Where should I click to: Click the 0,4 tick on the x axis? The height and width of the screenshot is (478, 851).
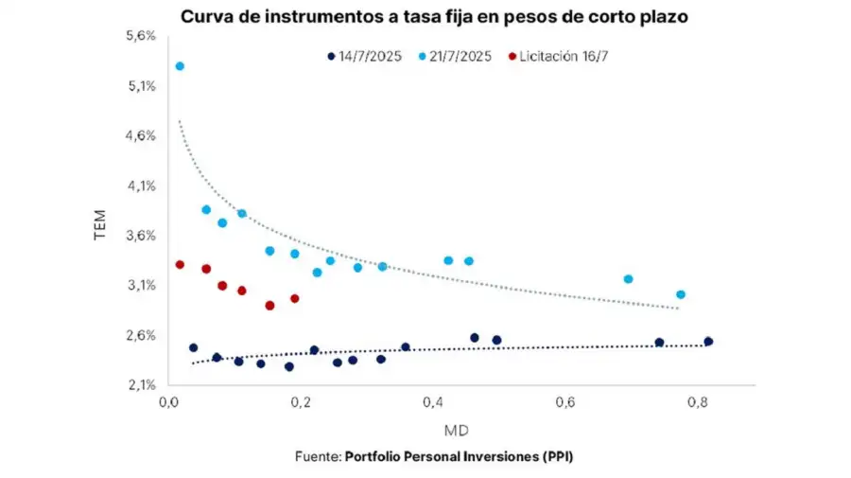(x=434, y=403)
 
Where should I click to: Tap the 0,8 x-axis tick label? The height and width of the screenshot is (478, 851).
(x=698, y=403)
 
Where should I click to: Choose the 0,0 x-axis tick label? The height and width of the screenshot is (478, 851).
(x=169, y=403)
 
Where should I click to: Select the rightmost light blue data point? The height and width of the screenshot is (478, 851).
(x=681, y=294)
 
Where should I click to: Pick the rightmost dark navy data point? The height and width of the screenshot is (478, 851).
(x=708, y=342)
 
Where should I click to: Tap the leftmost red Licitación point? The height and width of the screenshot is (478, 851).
(x=180, y=265)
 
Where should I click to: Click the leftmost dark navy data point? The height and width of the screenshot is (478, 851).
(x=193, y=347)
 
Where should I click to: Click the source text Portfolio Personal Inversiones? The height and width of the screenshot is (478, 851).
(x=460, y=456)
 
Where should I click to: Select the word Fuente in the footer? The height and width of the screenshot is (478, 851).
(x=317, y=456)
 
